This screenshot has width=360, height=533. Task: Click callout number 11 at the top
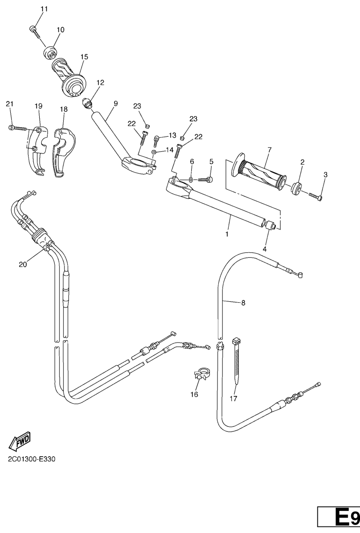point(44,9)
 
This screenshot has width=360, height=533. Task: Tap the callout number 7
point(270,150)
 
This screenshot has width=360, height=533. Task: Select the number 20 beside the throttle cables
point(22,264)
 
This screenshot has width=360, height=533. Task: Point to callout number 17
point(233,398)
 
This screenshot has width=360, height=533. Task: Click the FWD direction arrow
point(20,441)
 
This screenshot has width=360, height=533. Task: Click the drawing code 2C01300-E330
point(31,459)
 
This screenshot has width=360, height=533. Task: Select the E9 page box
point(338,518)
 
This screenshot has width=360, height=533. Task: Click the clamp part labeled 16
point(200,374)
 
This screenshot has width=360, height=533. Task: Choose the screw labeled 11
point(34,31)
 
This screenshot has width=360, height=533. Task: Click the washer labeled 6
point(192,179)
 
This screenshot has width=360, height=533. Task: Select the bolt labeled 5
point(206,179)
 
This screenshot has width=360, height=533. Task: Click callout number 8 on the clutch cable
point(243,303)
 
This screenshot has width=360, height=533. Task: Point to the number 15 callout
point(84,57)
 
